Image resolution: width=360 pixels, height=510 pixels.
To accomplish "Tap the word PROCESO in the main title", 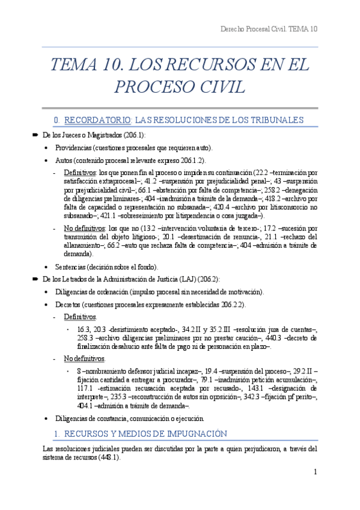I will tap(148, 87).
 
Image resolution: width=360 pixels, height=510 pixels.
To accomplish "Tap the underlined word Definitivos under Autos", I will tap(83, 173).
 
